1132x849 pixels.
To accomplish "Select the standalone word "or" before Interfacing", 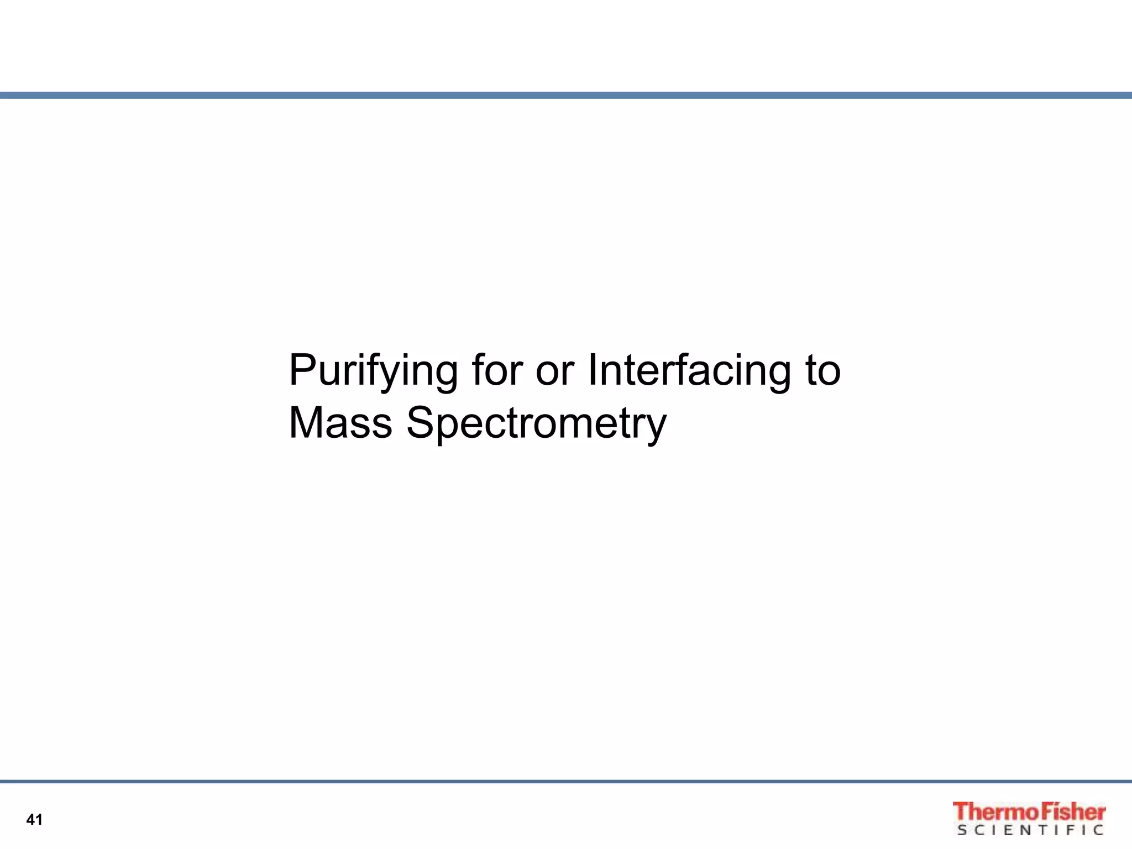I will click(x=554, y=371).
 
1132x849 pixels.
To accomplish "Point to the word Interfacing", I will click(x=689, y=371).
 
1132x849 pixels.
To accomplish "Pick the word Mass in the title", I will click(x=340, y=422).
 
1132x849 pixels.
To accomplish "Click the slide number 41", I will click(x=34, y=820).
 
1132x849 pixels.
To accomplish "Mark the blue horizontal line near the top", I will click(x=566, y=96).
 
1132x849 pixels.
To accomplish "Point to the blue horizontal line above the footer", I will click(x=566, y=782).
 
